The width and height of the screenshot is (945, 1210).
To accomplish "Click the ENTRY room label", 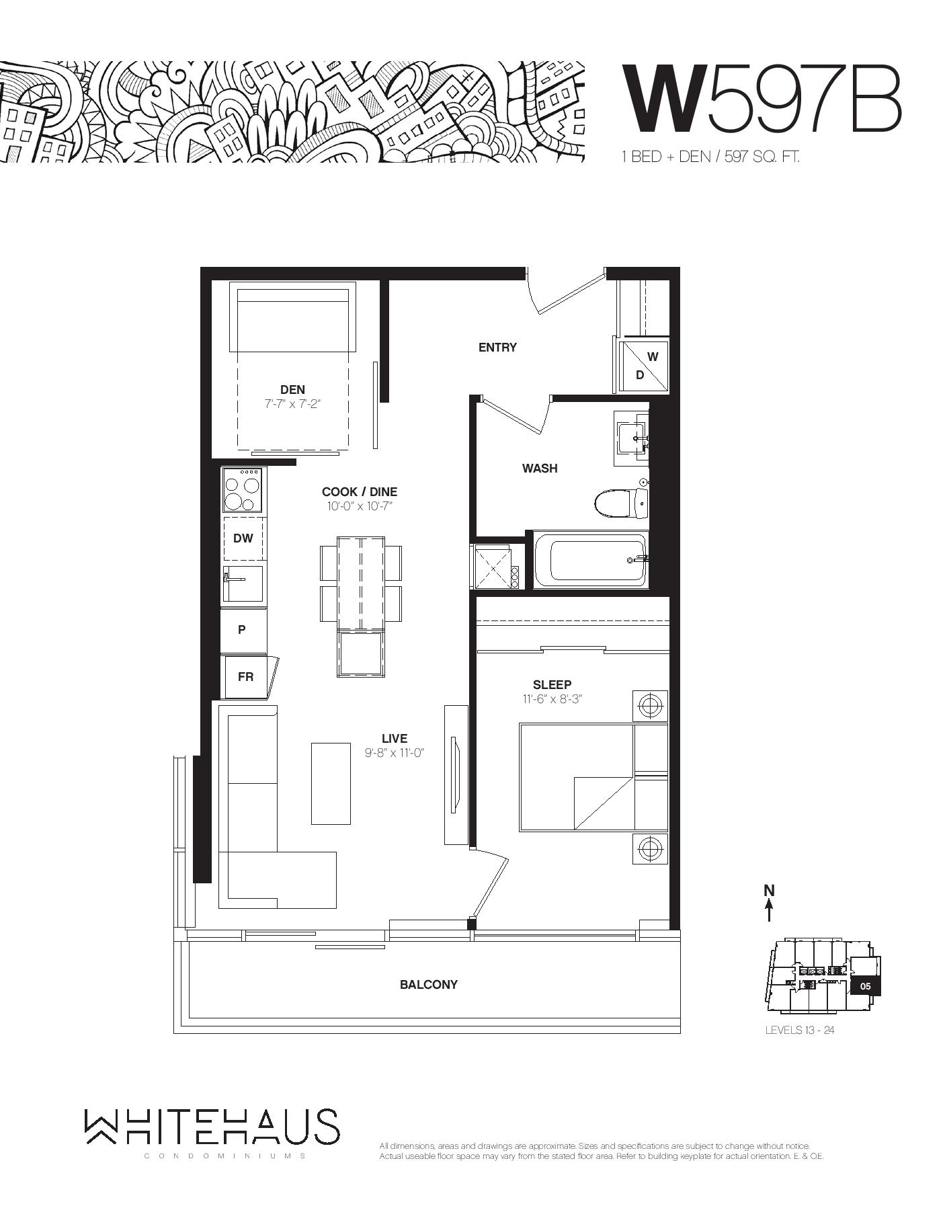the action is (497, 348).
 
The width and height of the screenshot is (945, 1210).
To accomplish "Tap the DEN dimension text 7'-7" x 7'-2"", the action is (293, 404).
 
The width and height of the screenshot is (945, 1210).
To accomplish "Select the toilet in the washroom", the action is (621, 502).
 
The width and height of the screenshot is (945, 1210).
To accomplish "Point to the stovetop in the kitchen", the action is (243, 490).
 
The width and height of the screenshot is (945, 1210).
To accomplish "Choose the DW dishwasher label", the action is (243, 538).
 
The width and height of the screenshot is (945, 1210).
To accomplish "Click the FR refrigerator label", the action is (245, 676).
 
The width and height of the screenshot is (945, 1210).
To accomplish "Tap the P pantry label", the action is (242, 630).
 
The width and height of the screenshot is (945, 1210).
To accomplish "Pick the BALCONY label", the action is (429, 985).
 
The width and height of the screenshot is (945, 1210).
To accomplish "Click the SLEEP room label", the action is (552, 684).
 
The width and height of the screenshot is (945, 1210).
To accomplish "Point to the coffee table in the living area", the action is (331, 783).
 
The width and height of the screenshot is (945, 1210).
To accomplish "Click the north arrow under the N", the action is (769, 910).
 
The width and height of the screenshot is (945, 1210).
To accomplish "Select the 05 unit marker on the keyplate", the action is (865, 986).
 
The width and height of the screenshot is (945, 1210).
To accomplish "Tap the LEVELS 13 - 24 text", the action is (799, 1030).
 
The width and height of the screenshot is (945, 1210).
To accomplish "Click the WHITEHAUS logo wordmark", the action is (212, 1127).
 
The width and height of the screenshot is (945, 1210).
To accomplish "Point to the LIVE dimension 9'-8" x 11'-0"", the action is (395, 753).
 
